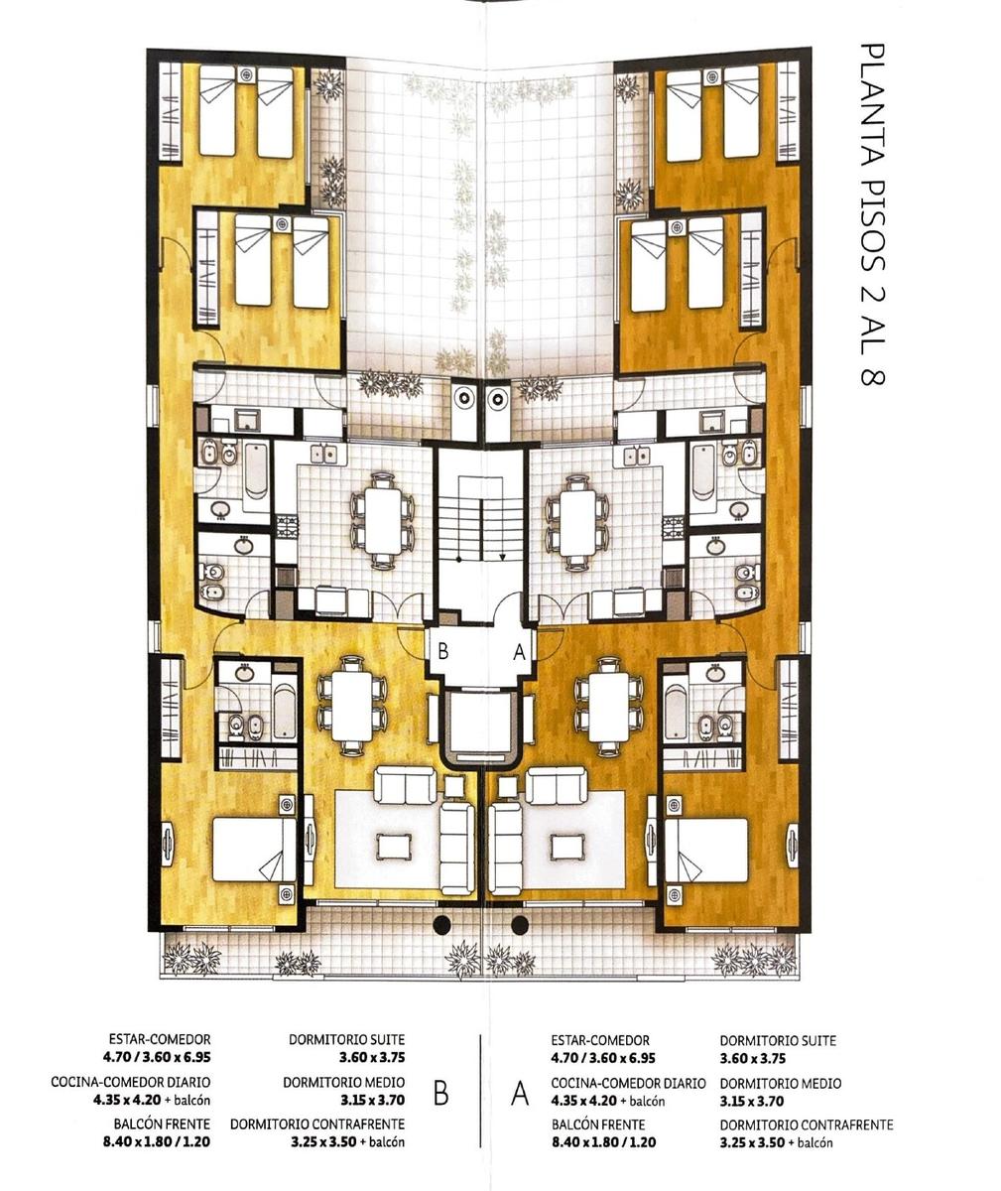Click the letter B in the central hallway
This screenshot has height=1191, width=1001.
[x=442, y=651]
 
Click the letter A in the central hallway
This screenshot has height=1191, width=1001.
[x=519, y=652]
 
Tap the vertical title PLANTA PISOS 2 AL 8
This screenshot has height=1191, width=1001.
[x=872, y=214]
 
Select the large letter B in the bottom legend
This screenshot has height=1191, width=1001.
[x=441, y=1094]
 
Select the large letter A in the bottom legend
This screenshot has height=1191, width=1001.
[x=520, y=1094]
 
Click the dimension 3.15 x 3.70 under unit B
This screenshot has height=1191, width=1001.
[x=372, y=1100]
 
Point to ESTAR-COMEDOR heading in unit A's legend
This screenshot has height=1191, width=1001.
[x=600, y=1040]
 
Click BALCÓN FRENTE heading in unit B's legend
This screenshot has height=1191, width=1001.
[x=162, y=1124]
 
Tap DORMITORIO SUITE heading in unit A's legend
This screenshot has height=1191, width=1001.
[x=778, y=1040]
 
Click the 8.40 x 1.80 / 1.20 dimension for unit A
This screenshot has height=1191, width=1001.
[x=604, y=1142]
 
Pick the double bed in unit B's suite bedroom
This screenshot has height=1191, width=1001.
[x=254, y=850]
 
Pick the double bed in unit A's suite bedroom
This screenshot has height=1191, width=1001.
[x=706, y=850]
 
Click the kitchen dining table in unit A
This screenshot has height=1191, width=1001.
[x=577, y=521]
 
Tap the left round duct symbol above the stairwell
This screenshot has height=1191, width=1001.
[x=464, y=399]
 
